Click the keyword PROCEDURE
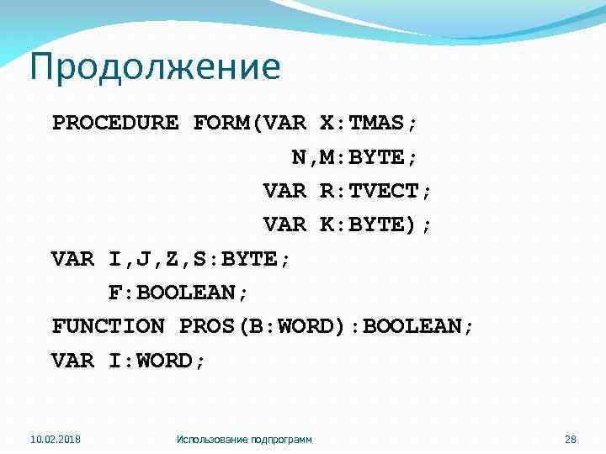point(115,123)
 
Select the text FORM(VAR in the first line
point(249,123)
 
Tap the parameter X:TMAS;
point(369,123)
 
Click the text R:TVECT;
point(375,191)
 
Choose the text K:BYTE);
point(375,224)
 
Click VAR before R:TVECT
point(284,191)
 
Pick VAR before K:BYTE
point(284,224)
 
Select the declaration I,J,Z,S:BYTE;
point(199,259)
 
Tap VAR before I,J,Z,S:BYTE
point(73,259)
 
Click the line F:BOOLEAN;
point(178,293)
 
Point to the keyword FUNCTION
point(109,326)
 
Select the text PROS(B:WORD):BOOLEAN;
point(327,326)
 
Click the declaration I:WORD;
point(157,361)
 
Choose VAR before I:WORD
point(73,361)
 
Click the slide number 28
point(568,439)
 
